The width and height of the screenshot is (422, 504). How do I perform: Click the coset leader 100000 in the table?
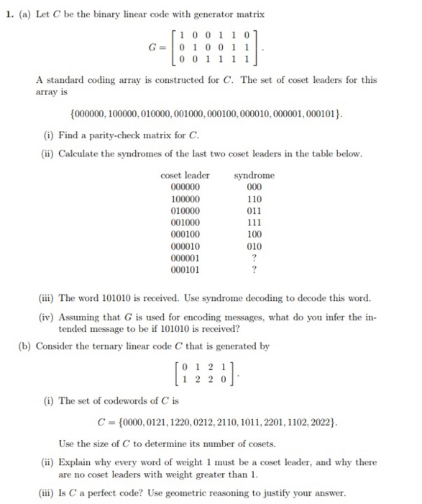pyautogui.click(x=185, y=198)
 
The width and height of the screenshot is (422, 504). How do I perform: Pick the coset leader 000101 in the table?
pyautogui.click(x=185, y=270)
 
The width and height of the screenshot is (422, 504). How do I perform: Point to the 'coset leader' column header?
pyautogui.click(x=185, y=175)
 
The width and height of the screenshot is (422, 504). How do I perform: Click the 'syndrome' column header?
pyautogui.click(x=254, y=175)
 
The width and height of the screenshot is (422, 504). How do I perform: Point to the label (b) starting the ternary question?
pyautogui.click(x=24, y=345)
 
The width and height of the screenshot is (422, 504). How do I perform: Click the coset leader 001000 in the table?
pyautogui.click(x=185, y=222)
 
